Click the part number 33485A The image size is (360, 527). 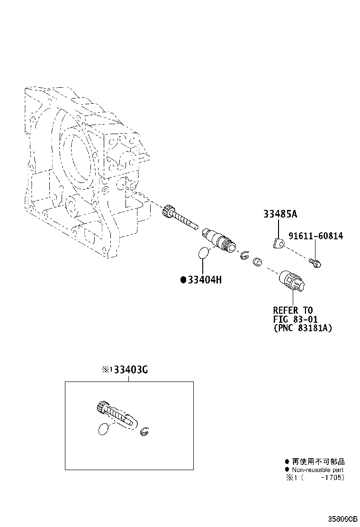tap(280, 214)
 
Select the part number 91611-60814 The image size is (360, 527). tap(315, 236)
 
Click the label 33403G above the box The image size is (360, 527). tap(131, 370)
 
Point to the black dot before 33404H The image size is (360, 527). tap(183, 280)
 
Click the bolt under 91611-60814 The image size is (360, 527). tap(315, 263)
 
